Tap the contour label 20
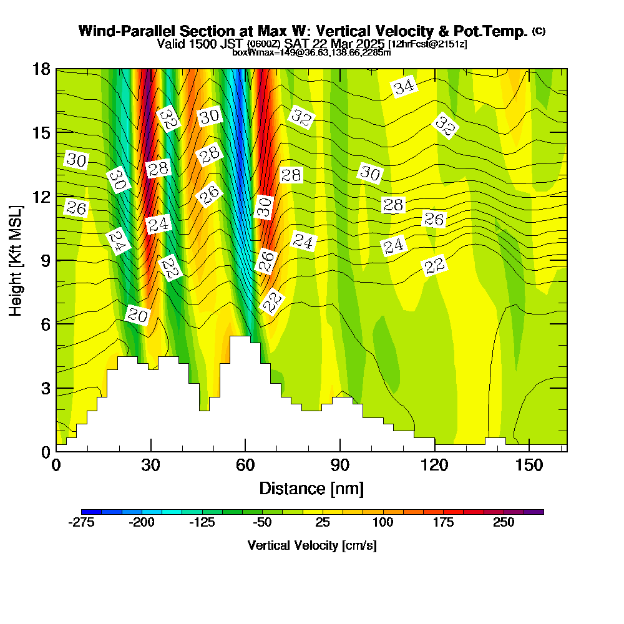137,316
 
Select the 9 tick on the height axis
45,260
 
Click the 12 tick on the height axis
41,197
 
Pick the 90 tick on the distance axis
340,466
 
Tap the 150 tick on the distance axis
529,466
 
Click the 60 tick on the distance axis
245,466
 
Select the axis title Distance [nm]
311,487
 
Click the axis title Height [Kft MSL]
16,260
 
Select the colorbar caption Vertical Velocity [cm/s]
311,545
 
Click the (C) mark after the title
539,31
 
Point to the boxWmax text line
311,52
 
